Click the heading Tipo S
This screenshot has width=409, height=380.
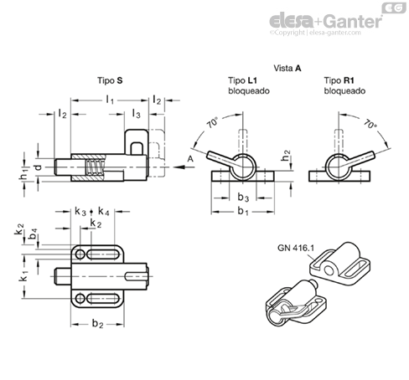110,80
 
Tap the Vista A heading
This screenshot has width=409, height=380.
287,69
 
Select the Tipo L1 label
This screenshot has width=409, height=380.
242,80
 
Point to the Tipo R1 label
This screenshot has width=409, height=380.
339,80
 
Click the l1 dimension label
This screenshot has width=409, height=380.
110,100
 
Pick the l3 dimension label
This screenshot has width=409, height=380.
136,114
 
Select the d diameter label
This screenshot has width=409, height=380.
39,167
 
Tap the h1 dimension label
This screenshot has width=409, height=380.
24,175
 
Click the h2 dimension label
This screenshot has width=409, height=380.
286,156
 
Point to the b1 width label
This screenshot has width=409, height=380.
243,212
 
